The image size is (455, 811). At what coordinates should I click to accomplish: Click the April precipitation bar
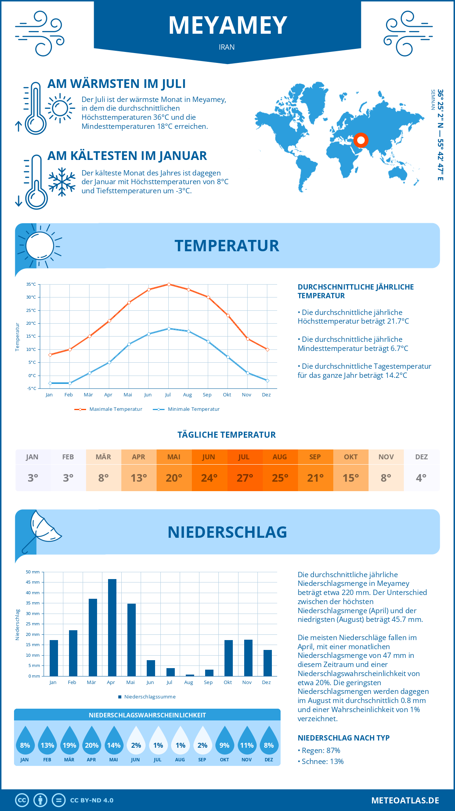point(112,628)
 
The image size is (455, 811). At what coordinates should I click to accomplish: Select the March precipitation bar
point(93,637)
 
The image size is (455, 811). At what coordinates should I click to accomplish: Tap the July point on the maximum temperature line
point(169,284)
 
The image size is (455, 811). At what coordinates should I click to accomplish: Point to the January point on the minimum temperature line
point(50,383)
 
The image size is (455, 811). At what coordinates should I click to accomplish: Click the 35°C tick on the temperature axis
point(31,284)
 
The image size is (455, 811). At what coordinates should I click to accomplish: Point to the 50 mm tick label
point(33,572)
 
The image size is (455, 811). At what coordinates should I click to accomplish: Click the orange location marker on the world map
point(361,140)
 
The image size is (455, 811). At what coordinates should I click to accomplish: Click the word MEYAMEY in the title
point(227,26)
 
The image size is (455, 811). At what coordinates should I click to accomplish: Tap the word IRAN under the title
point(227,47)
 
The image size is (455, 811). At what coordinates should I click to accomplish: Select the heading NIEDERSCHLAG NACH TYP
point(344,738)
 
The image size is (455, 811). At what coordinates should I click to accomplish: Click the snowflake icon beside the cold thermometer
point(62,182)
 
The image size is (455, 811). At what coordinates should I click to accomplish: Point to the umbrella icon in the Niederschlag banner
point(42,530)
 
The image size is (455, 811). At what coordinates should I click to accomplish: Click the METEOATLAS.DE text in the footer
point(405,800)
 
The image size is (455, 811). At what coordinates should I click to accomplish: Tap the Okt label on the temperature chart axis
point(227,395)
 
